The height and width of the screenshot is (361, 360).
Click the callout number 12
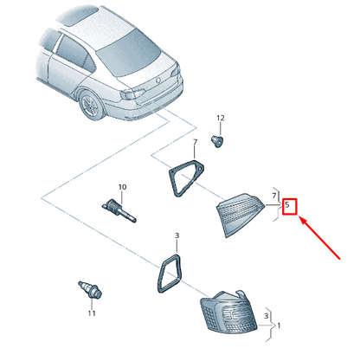[220, 118]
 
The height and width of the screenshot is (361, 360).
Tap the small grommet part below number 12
[217, 141]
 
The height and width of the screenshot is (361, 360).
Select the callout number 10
[122, 187]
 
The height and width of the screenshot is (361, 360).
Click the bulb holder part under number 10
[119, 211]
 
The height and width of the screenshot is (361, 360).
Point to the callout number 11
[92, 313]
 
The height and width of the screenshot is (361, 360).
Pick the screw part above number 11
[90, 289]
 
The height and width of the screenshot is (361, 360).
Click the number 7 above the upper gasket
[195, 142]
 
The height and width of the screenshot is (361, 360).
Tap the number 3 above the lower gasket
[177, 235]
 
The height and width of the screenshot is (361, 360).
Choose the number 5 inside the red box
[287, 205]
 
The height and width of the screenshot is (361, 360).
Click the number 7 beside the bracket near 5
[274, 196]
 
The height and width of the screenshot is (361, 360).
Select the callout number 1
[279, 326]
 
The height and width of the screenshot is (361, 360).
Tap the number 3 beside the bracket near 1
[266, 316]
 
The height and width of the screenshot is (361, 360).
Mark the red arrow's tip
[299, 217]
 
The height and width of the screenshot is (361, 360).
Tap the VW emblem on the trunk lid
[158, 81]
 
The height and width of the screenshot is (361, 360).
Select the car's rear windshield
[129, 55]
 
